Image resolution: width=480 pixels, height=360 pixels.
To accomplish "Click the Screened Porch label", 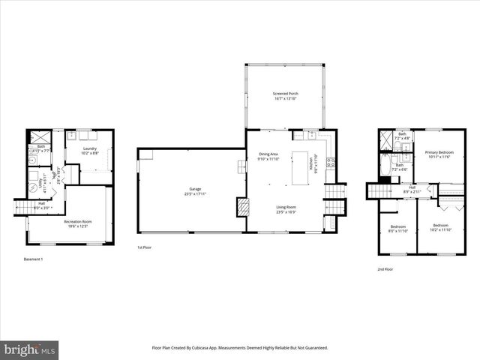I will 284,94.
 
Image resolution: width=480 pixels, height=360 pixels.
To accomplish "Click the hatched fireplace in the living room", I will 242,208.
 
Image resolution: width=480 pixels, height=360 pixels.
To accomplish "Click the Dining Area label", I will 268,154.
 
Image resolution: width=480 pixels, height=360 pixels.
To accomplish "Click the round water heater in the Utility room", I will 34,187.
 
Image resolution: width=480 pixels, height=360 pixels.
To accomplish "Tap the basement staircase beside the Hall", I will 25,207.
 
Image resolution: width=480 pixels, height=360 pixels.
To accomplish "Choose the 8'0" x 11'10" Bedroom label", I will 398,227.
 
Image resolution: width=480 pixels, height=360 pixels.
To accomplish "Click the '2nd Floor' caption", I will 384,268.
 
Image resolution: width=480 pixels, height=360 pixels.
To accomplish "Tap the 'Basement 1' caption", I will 34,259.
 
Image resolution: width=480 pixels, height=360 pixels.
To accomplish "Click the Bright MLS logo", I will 30,350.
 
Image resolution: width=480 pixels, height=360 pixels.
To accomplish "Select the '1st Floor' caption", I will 145,247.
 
